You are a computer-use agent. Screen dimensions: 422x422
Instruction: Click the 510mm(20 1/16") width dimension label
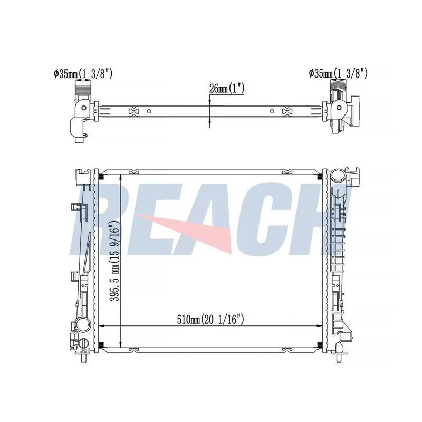210,320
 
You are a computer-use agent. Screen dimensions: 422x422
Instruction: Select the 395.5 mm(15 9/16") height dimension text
114,261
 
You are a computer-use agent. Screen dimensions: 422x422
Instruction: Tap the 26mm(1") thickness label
227,88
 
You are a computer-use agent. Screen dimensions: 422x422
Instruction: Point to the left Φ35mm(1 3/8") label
83,73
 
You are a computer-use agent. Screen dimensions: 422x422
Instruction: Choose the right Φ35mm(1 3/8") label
338,73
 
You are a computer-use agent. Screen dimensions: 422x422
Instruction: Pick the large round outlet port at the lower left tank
83,324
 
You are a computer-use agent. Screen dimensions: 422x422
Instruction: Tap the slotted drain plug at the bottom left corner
83,344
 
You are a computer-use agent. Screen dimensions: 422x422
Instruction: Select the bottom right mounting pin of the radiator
338,358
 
